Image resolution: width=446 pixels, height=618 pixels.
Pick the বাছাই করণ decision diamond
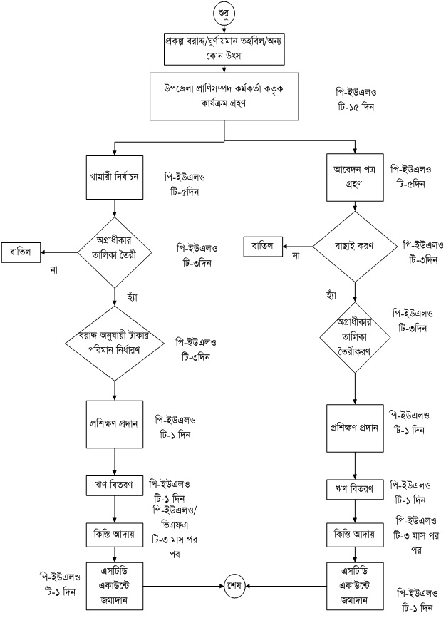pyautogui.click(x=354, y=246)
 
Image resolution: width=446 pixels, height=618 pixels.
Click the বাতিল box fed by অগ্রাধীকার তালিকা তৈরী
pyautogui.click(x=21, y=252)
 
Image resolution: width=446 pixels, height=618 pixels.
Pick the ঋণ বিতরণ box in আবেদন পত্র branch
pyautogui.click(x=354, y=491)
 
